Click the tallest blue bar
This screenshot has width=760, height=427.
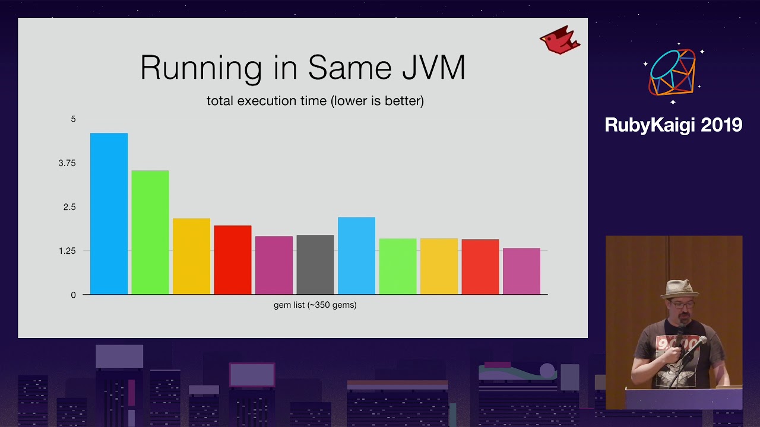pos(109,213)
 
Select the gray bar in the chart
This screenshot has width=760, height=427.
pos(315,265)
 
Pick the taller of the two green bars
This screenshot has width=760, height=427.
pos(150,232)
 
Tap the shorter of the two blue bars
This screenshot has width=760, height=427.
pos(357,256)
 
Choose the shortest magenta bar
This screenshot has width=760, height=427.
pos(521,271)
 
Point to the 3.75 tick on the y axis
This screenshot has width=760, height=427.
pos(67,163)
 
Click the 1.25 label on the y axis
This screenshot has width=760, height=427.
pos(67,251)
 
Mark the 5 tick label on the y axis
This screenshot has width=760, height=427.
pos(73,119)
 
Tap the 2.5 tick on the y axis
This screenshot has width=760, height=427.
pos(69,207)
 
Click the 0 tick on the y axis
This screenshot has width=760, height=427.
pos(73,295)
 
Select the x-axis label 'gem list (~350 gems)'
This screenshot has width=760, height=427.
pos(315,305)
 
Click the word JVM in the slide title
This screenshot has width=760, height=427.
pos(433,68)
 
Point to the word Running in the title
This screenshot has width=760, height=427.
pos(201,69)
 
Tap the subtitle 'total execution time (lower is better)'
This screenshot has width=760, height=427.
pos(315,101)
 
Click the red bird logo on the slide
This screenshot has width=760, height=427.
pos(560,40)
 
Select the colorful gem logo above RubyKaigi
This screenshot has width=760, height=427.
pos(672,72)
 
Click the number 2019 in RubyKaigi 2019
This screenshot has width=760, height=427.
pos(721,125)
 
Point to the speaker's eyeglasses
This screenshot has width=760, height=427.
pos(682,304)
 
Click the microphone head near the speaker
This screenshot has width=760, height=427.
pos(701,340)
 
